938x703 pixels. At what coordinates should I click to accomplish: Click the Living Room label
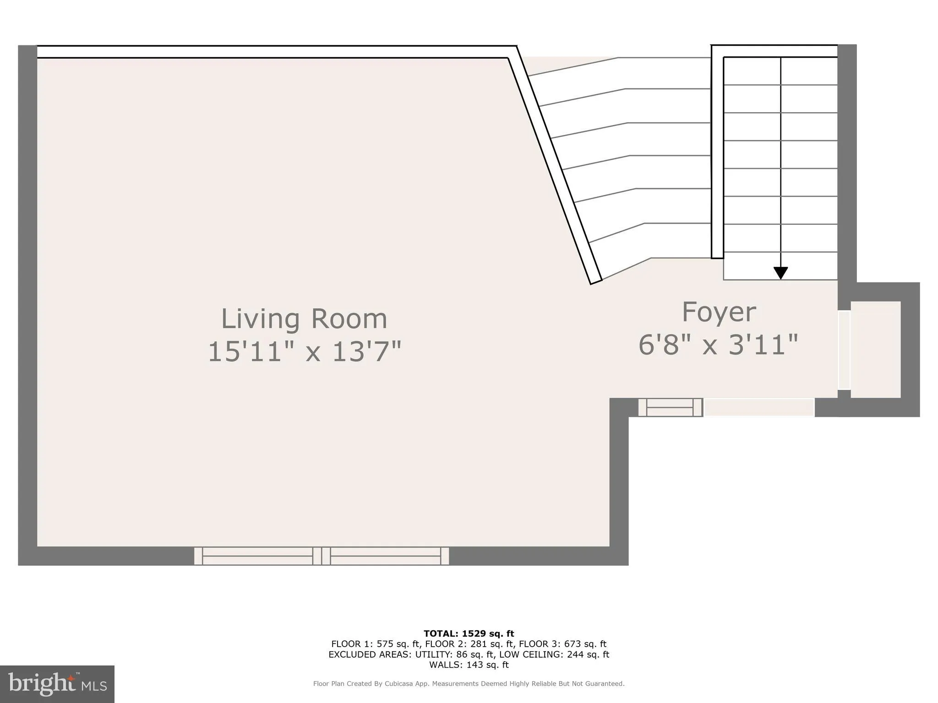click(x=304, y=319)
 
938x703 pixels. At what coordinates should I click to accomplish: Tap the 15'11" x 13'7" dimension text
click(x=304, y=352)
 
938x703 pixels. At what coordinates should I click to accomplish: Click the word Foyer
click(x=719, y=313)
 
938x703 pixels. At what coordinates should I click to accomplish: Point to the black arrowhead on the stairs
click(x=780, y=273)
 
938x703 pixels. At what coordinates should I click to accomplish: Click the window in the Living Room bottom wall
click(x=322, y=556)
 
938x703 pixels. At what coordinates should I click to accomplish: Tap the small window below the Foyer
click(x=670, y=407)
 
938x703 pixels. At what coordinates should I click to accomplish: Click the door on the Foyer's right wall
click(x=844, y=350)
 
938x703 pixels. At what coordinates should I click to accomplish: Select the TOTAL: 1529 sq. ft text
click(x=469, y=633)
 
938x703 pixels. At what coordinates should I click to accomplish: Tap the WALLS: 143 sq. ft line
click(x=469, y=665)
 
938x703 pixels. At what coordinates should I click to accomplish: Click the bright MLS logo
click(x=57, y=684)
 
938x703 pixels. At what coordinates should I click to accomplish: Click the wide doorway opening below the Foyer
click(x=758, y=407)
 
